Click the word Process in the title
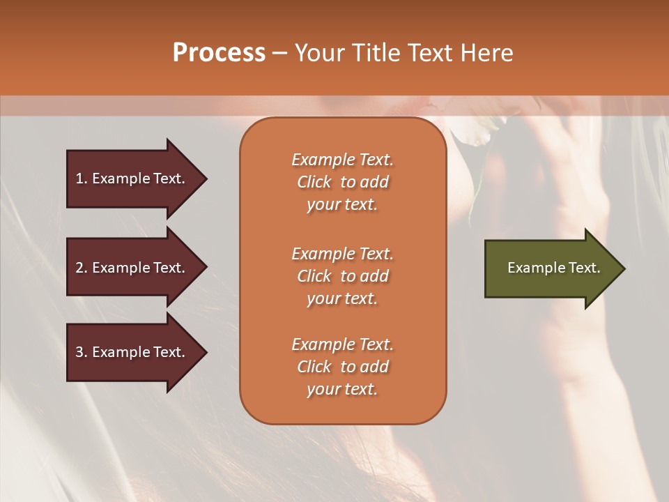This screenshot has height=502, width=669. coord(219,53)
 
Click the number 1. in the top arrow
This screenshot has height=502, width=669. coord(81,179)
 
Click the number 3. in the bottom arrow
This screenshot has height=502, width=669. coord(81,353)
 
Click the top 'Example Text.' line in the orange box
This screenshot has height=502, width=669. coord(342,160)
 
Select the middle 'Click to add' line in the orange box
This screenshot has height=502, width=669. coord(342,276)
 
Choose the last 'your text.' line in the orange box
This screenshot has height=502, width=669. coord(342,389)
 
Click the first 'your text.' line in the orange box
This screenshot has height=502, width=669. coord(342,204)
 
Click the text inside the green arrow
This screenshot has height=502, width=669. coord(553,268)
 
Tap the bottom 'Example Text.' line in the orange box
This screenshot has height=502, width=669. coord(342,344)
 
